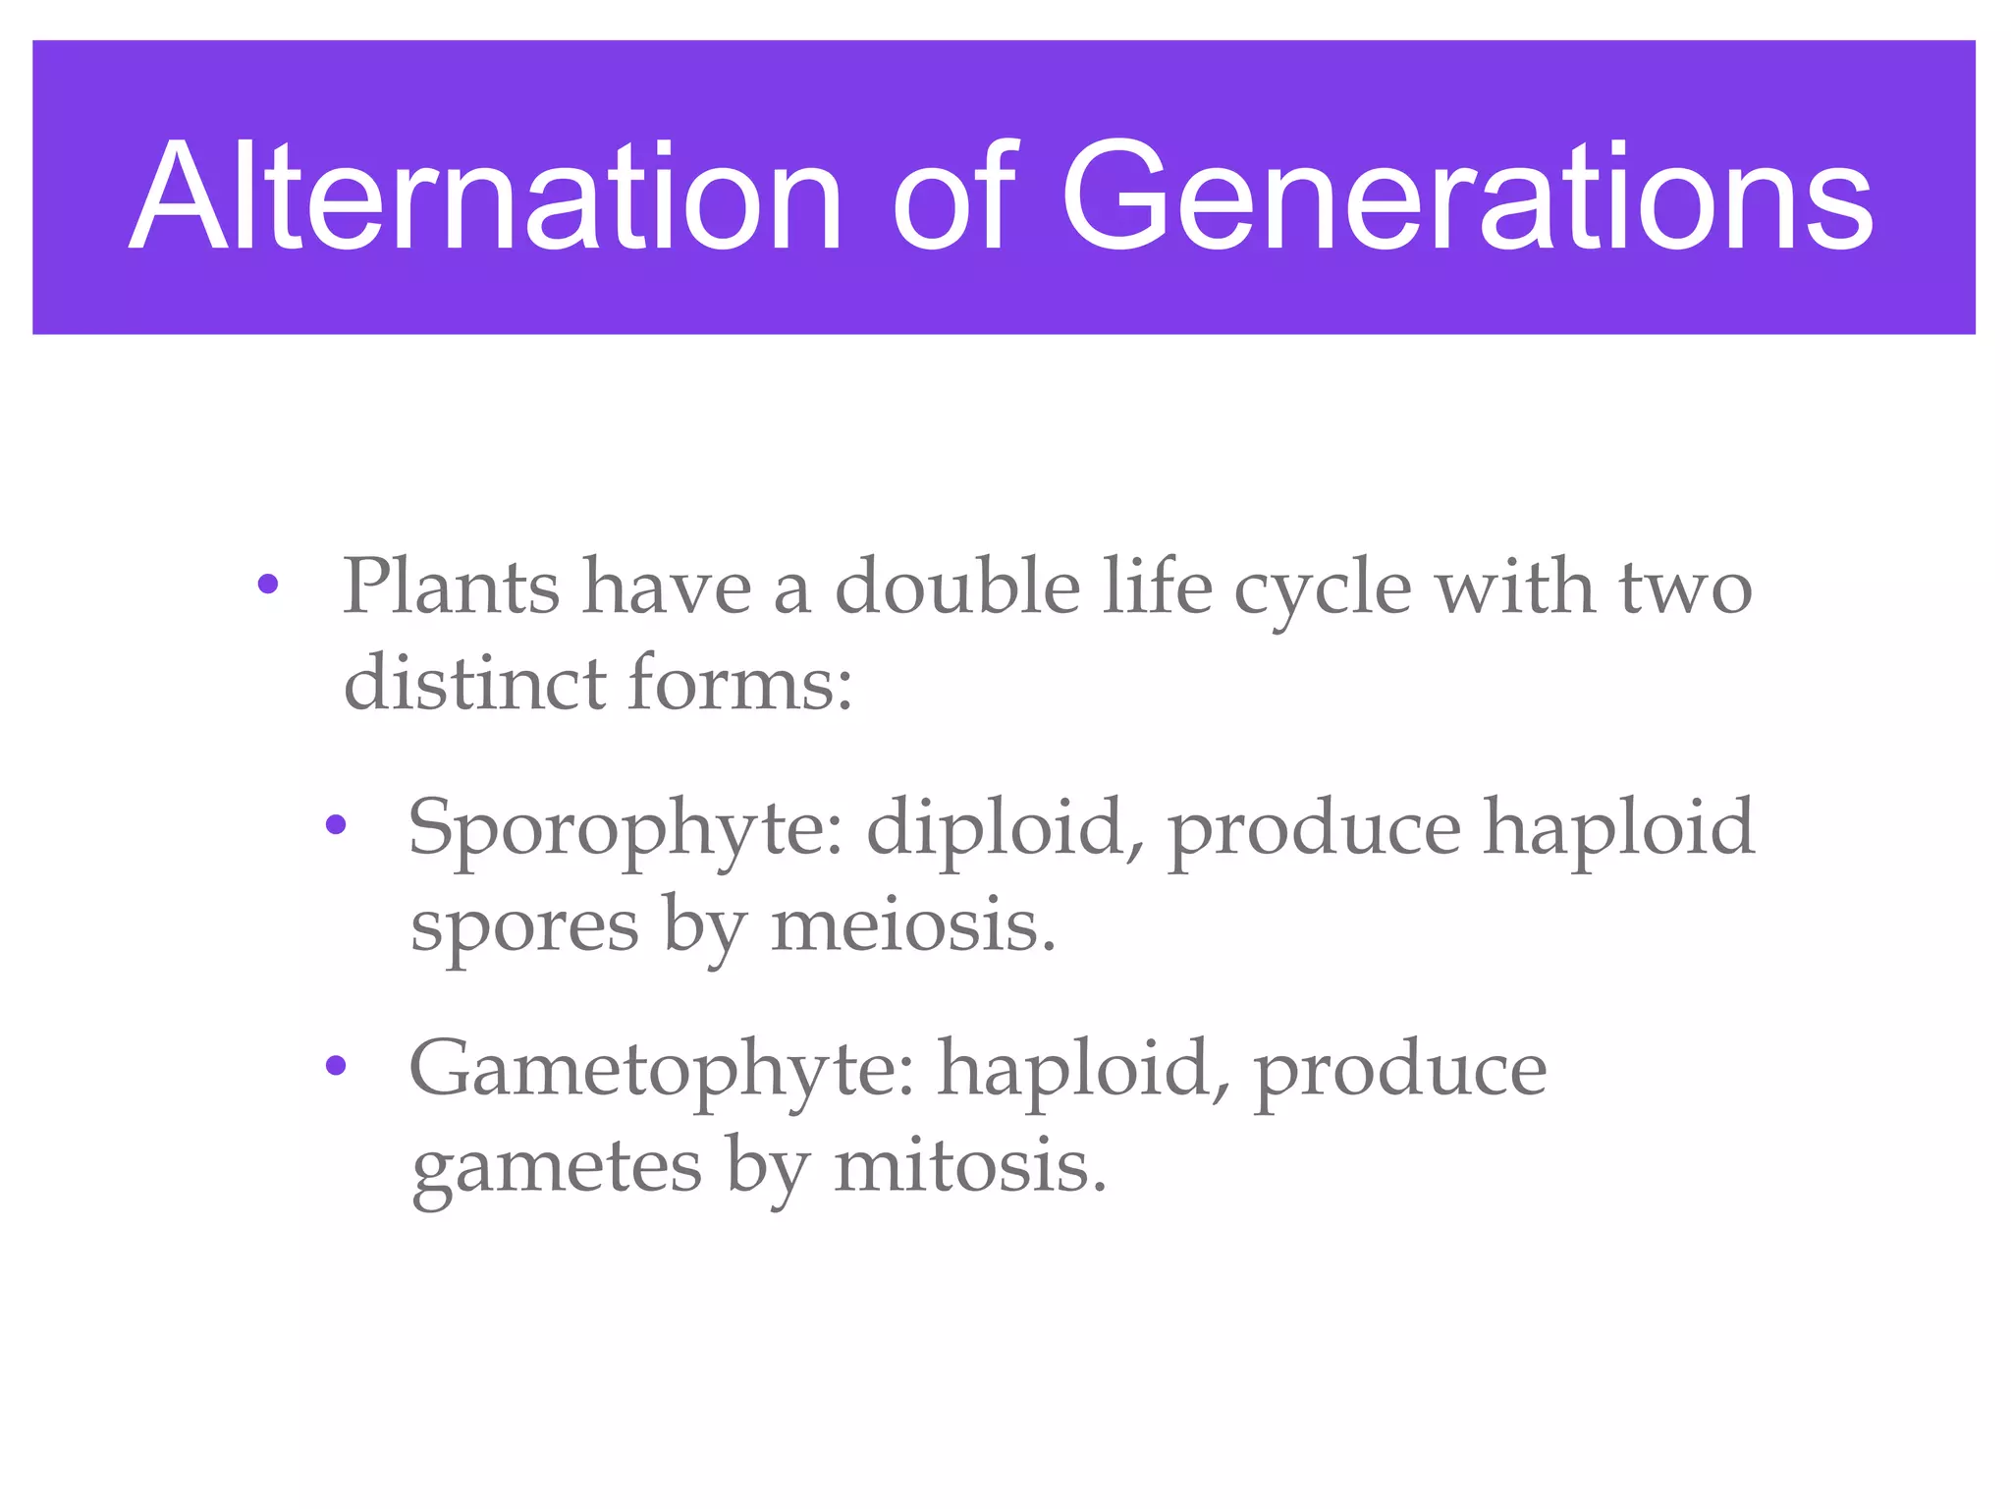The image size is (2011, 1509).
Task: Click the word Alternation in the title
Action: click(x=485, y=196)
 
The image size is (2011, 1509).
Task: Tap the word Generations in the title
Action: click(x=1467, y=196)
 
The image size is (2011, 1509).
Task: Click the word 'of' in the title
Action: click(x=948, y=196)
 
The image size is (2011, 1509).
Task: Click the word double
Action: click(x=957, y=587)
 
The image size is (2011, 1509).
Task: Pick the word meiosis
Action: click(x=913, y=925)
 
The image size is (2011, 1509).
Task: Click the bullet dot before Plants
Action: click(x=267, y=586)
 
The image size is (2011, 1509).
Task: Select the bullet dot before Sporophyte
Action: click(x=336, y=825)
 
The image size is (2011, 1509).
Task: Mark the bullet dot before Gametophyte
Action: click(x=336, y=1066)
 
